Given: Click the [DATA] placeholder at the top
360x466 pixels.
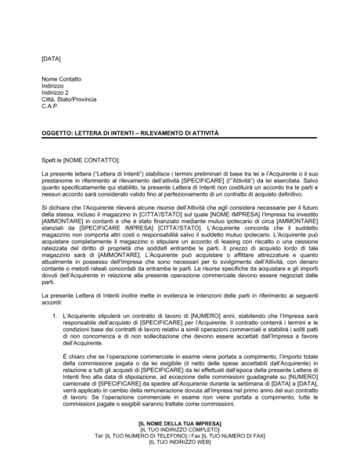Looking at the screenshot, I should pos(51,59).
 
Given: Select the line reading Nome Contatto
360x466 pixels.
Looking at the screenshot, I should pos(61,79).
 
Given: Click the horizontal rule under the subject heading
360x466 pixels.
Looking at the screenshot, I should pos(179,139).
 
